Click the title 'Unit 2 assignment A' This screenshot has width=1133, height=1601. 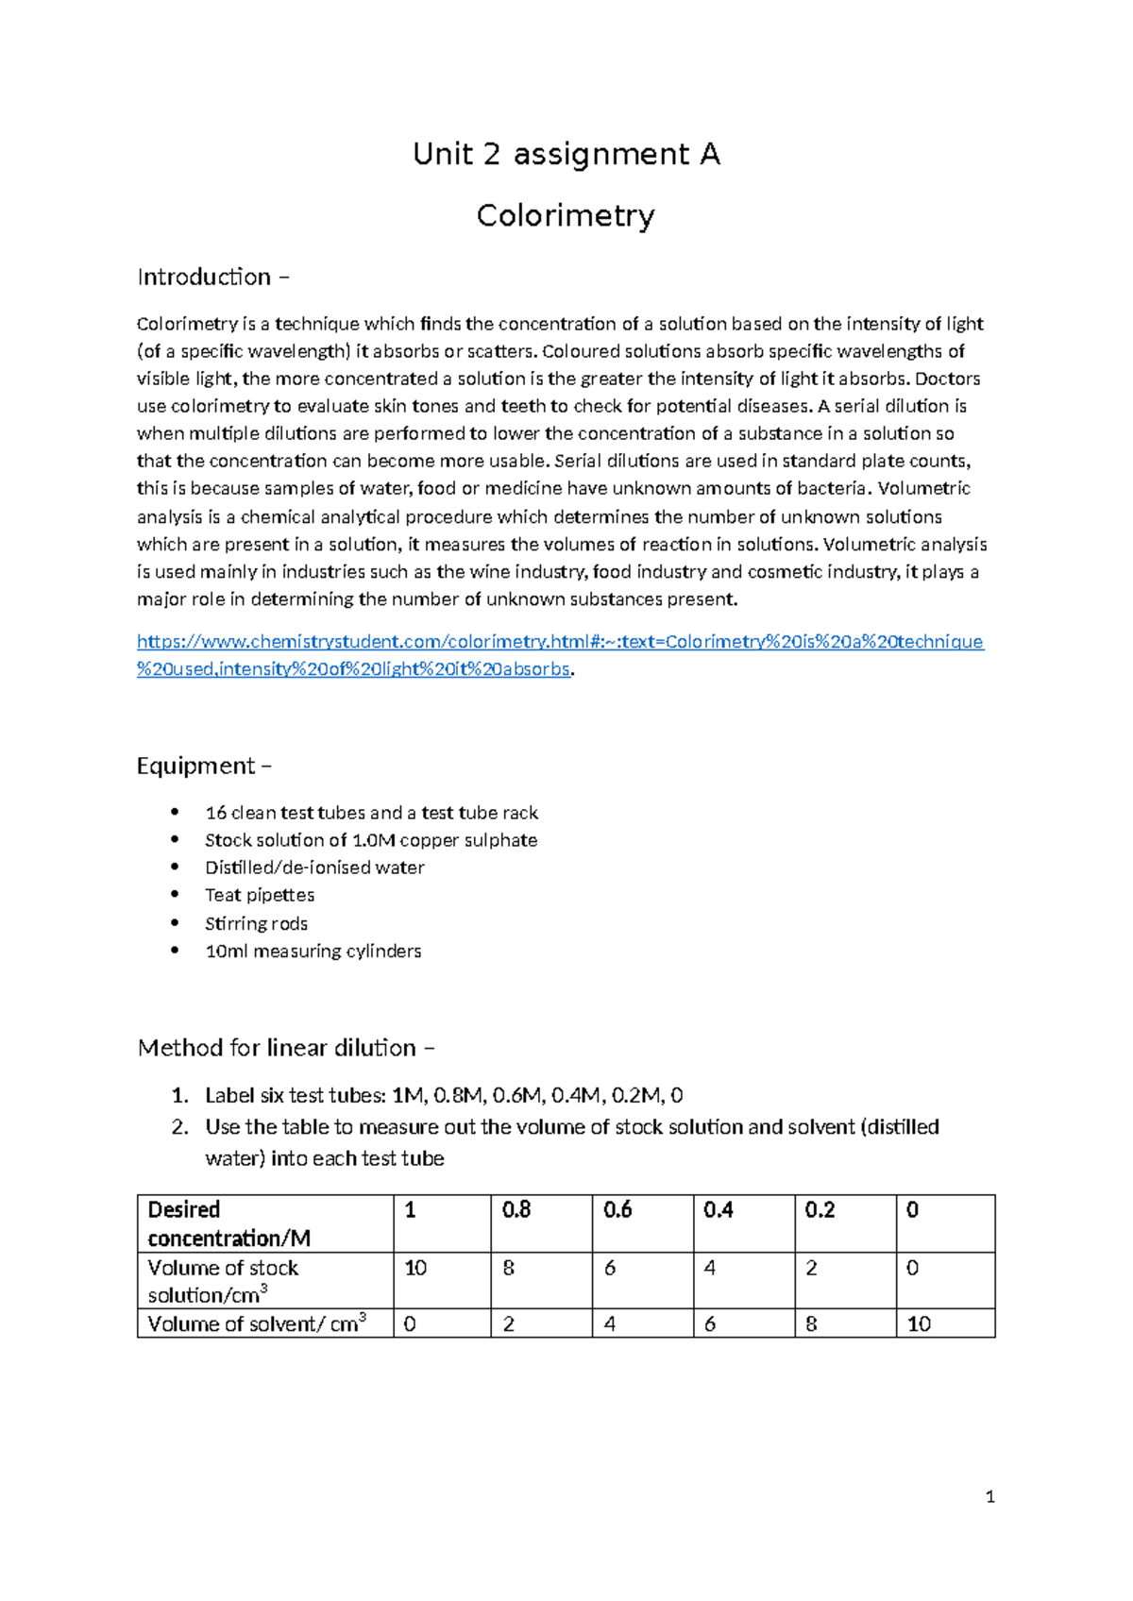[x=566, y=154]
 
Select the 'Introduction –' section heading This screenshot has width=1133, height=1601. [x=212, y=278]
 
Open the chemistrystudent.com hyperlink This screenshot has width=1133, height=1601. [x=559, y=642]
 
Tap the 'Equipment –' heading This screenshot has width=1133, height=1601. [x=204, y=766]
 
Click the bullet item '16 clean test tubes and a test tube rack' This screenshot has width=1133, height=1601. [x=371, y=813]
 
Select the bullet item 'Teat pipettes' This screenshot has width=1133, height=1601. [x=260, y=895]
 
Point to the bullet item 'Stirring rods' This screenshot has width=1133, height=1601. [x=256, y=923]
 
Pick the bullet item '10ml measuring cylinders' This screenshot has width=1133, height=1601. [x=313, y=951]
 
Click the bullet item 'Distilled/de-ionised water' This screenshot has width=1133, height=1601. [x=314, y=868]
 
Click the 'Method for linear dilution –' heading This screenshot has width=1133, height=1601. [x=286, y=1048]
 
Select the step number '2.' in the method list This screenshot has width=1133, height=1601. [x=180, y=1127]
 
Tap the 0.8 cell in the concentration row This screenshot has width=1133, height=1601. [x=516, y=1210]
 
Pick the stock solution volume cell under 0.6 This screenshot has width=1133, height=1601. [x=610, y=1268]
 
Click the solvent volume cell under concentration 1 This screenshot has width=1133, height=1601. [x=410, y=1323]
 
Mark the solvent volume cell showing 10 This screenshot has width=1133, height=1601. [x=919, y=1323]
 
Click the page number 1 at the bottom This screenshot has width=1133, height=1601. [x=989, y=1496]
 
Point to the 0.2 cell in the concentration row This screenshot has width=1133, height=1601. [x=820, y=1210]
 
